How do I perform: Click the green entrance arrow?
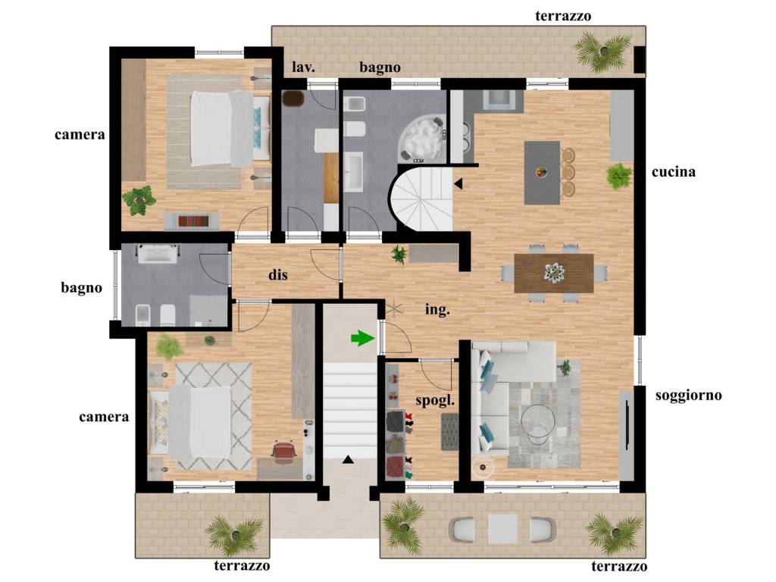tap(363, 339)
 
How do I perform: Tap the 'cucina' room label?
tap(673, 172)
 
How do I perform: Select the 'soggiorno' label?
tap(688, 396)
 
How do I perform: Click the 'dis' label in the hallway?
tap(277, 274)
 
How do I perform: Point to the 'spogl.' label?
tap(435, 400)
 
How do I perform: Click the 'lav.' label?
tap(303, 67)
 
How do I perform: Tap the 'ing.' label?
tap(437, 310)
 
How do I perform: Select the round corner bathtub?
tap(422, 138)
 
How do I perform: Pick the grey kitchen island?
tap(542, 173)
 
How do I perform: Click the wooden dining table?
tap(554, 273)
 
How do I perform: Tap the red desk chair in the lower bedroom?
tap(283, 453)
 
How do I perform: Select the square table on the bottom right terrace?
tap(503, 529)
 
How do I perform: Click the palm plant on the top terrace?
tap(602, 51)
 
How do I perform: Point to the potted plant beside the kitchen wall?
tap(618, 176)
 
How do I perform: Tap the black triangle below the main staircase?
tap(349, 460)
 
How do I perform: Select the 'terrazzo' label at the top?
tap(563, 17)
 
